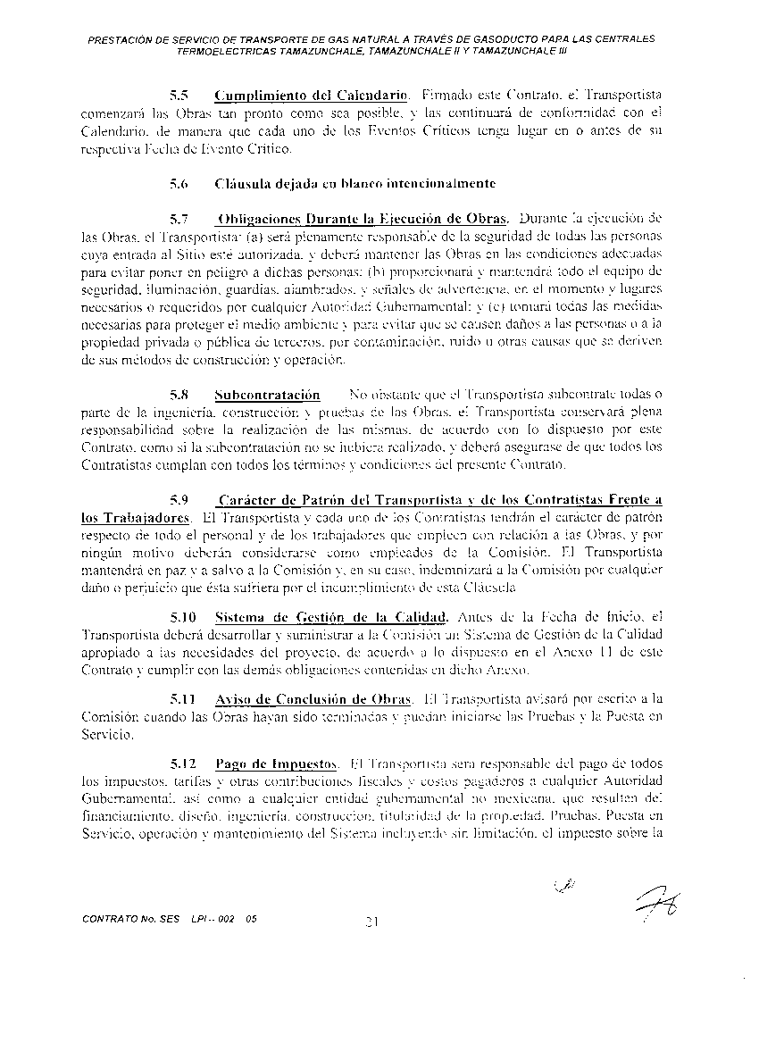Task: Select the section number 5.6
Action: (179, 185)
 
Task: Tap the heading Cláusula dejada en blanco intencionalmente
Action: (355, 185)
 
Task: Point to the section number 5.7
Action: (179, 219)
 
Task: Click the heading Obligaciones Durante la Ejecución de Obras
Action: (363, 219)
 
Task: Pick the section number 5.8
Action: (179, 394)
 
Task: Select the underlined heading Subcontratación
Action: (267, 394)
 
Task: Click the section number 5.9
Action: (179, 500)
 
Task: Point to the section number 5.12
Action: (182, 763)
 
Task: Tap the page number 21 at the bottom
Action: (374, 921)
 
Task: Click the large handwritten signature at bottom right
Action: (656, 907)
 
